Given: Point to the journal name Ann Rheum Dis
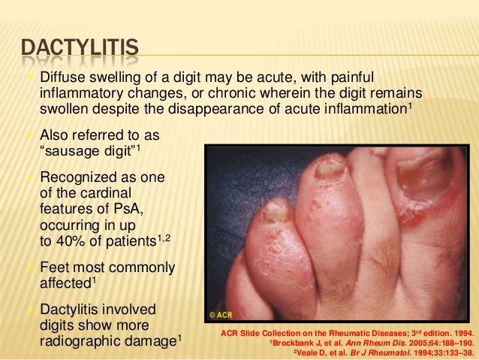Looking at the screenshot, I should point(370,339).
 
